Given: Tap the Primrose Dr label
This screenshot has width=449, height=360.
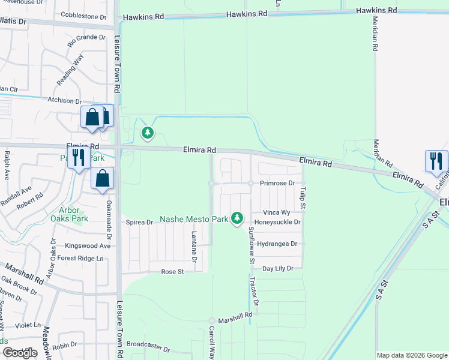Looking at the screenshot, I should click(278, 183).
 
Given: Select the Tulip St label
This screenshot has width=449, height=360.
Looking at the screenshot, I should click(303, 197).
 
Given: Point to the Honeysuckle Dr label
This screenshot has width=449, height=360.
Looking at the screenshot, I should click(277, 222).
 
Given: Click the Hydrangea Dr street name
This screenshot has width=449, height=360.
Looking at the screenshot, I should click(277, 244).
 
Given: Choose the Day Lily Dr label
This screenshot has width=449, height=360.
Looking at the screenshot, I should click(277, 268).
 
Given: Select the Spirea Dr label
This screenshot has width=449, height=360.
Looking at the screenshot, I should click(140, 222).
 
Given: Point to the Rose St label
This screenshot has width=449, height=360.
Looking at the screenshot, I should click(172, 272).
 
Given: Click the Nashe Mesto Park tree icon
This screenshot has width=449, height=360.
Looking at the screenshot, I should click(238, 217).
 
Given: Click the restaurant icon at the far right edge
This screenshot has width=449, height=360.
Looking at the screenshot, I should click(436, 160).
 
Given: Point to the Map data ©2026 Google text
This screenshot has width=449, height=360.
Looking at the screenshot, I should click(411, 355).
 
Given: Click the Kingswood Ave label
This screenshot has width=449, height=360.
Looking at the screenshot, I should click(88, 245).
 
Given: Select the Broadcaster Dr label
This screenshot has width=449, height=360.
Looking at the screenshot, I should click(148, 349).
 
